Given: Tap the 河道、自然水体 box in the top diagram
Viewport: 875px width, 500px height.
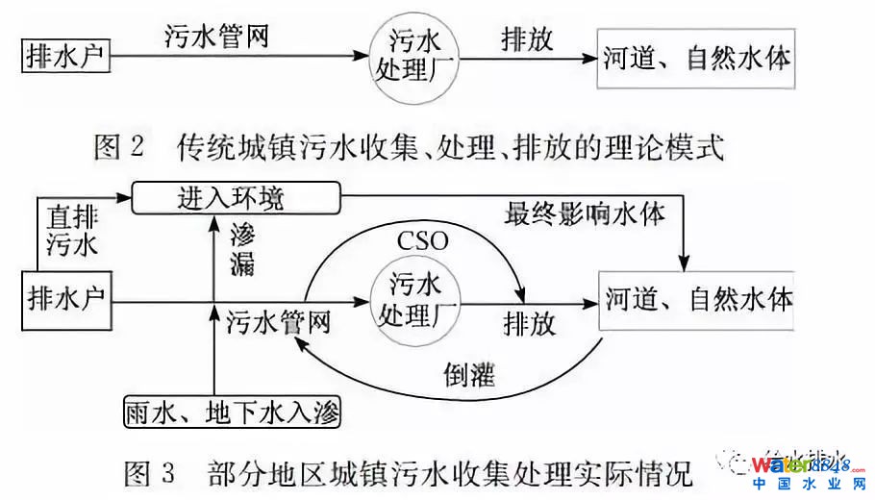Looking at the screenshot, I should (698, 60).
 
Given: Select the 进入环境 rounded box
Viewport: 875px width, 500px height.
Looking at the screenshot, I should (237, 199).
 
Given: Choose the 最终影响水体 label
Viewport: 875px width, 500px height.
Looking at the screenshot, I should (584, 212).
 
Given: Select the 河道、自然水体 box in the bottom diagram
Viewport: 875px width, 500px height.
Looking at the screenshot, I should (700, 300).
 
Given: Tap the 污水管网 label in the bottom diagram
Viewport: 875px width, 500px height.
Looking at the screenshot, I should (278, 322).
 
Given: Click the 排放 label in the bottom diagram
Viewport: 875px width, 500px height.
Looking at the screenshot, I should (529, 323).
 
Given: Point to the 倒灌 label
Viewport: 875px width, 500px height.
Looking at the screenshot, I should (469, 374).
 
